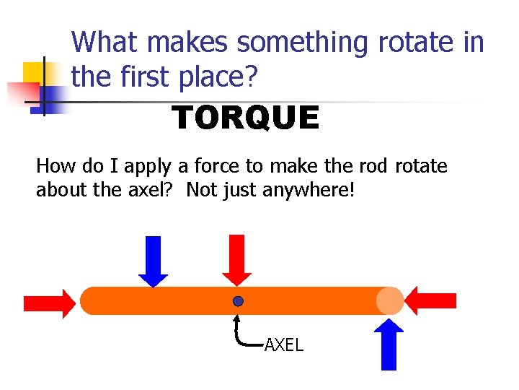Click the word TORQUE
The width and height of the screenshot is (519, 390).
coord(245,118)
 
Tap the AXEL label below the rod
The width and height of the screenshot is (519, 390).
coord(283,345)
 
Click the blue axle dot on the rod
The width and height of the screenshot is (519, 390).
coord(238,301)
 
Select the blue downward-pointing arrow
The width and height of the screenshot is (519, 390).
coord(153,261)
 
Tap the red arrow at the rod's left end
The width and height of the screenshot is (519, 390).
coord(48,301)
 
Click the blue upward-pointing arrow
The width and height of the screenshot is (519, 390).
coord(389,344)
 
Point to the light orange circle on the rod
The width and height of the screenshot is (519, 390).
coord(390,301)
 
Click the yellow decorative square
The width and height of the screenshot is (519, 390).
coord(34,74)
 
